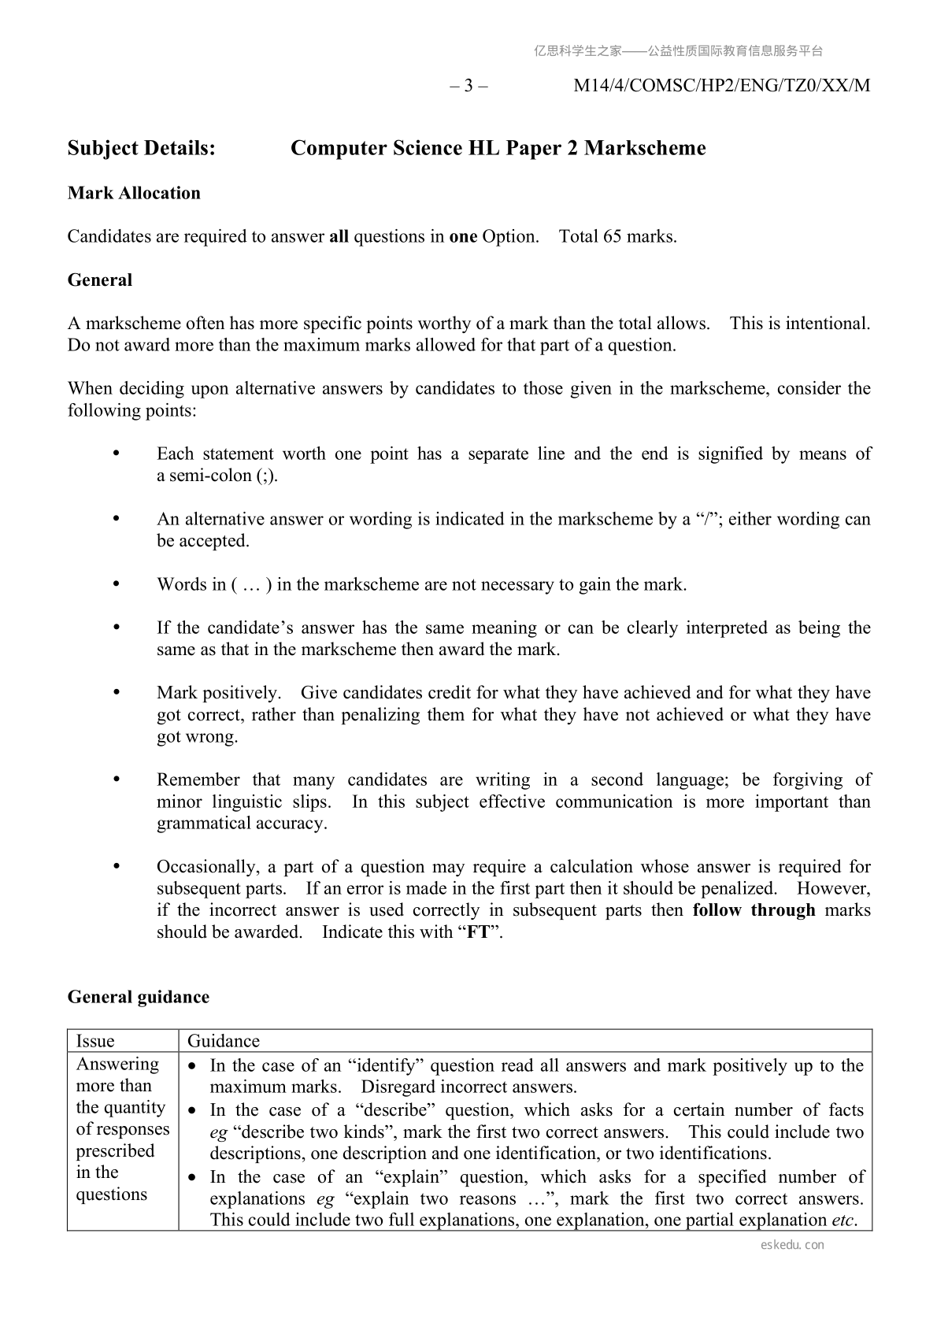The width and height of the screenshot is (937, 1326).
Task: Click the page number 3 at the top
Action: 468,86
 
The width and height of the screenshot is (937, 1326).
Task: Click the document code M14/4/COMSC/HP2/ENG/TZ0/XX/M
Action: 721,86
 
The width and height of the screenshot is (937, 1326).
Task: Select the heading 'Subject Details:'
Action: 142,148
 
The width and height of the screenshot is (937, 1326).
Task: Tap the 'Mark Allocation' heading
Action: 134,193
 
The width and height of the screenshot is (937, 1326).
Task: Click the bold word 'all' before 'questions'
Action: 339,236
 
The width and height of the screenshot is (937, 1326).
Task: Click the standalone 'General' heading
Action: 100,280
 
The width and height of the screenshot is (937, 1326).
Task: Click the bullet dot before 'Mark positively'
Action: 117,692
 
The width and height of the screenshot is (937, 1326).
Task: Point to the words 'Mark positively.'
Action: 218,693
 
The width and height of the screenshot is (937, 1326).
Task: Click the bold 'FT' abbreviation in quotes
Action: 478,932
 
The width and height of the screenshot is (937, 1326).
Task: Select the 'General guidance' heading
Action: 139,997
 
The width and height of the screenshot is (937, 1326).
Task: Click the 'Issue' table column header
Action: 95,1041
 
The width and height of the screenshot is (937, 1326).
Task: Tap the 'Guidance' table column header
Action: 224,1041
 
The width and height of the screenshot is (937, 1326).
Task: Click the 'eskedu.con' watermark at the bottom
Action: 793,1245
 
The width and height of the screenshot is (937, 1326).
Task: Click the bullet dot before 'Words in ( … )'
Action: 117,583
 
